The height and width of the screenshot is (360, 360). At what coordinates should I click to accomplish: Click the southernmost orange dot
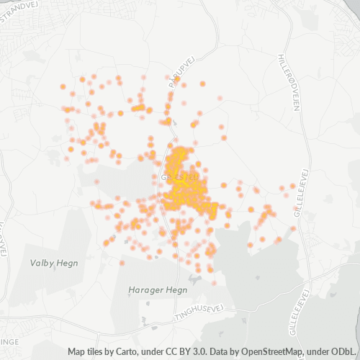tap(214, 282)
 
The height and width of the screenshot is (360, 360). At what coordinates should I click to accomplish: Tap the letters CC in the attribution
tap(176, 352)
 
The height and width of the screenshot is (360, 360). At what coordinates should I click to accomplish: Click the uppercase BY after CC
tap(190, 352)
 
